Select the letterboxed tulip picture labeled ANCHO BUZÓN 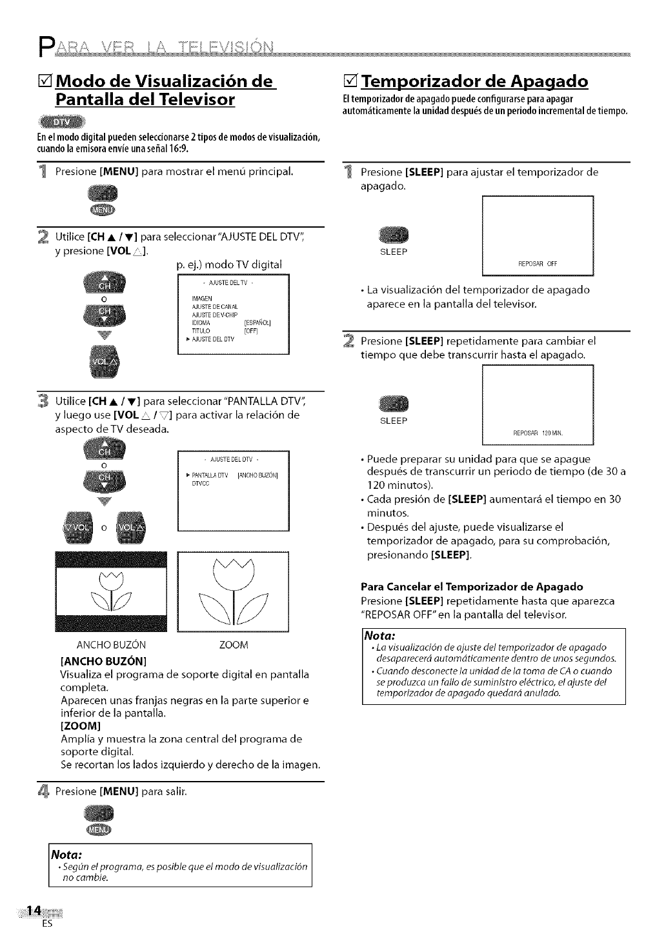(112, 591)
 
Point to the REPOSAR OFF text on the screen (538, 263)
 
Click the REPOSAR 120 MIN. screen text (538, 432)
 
